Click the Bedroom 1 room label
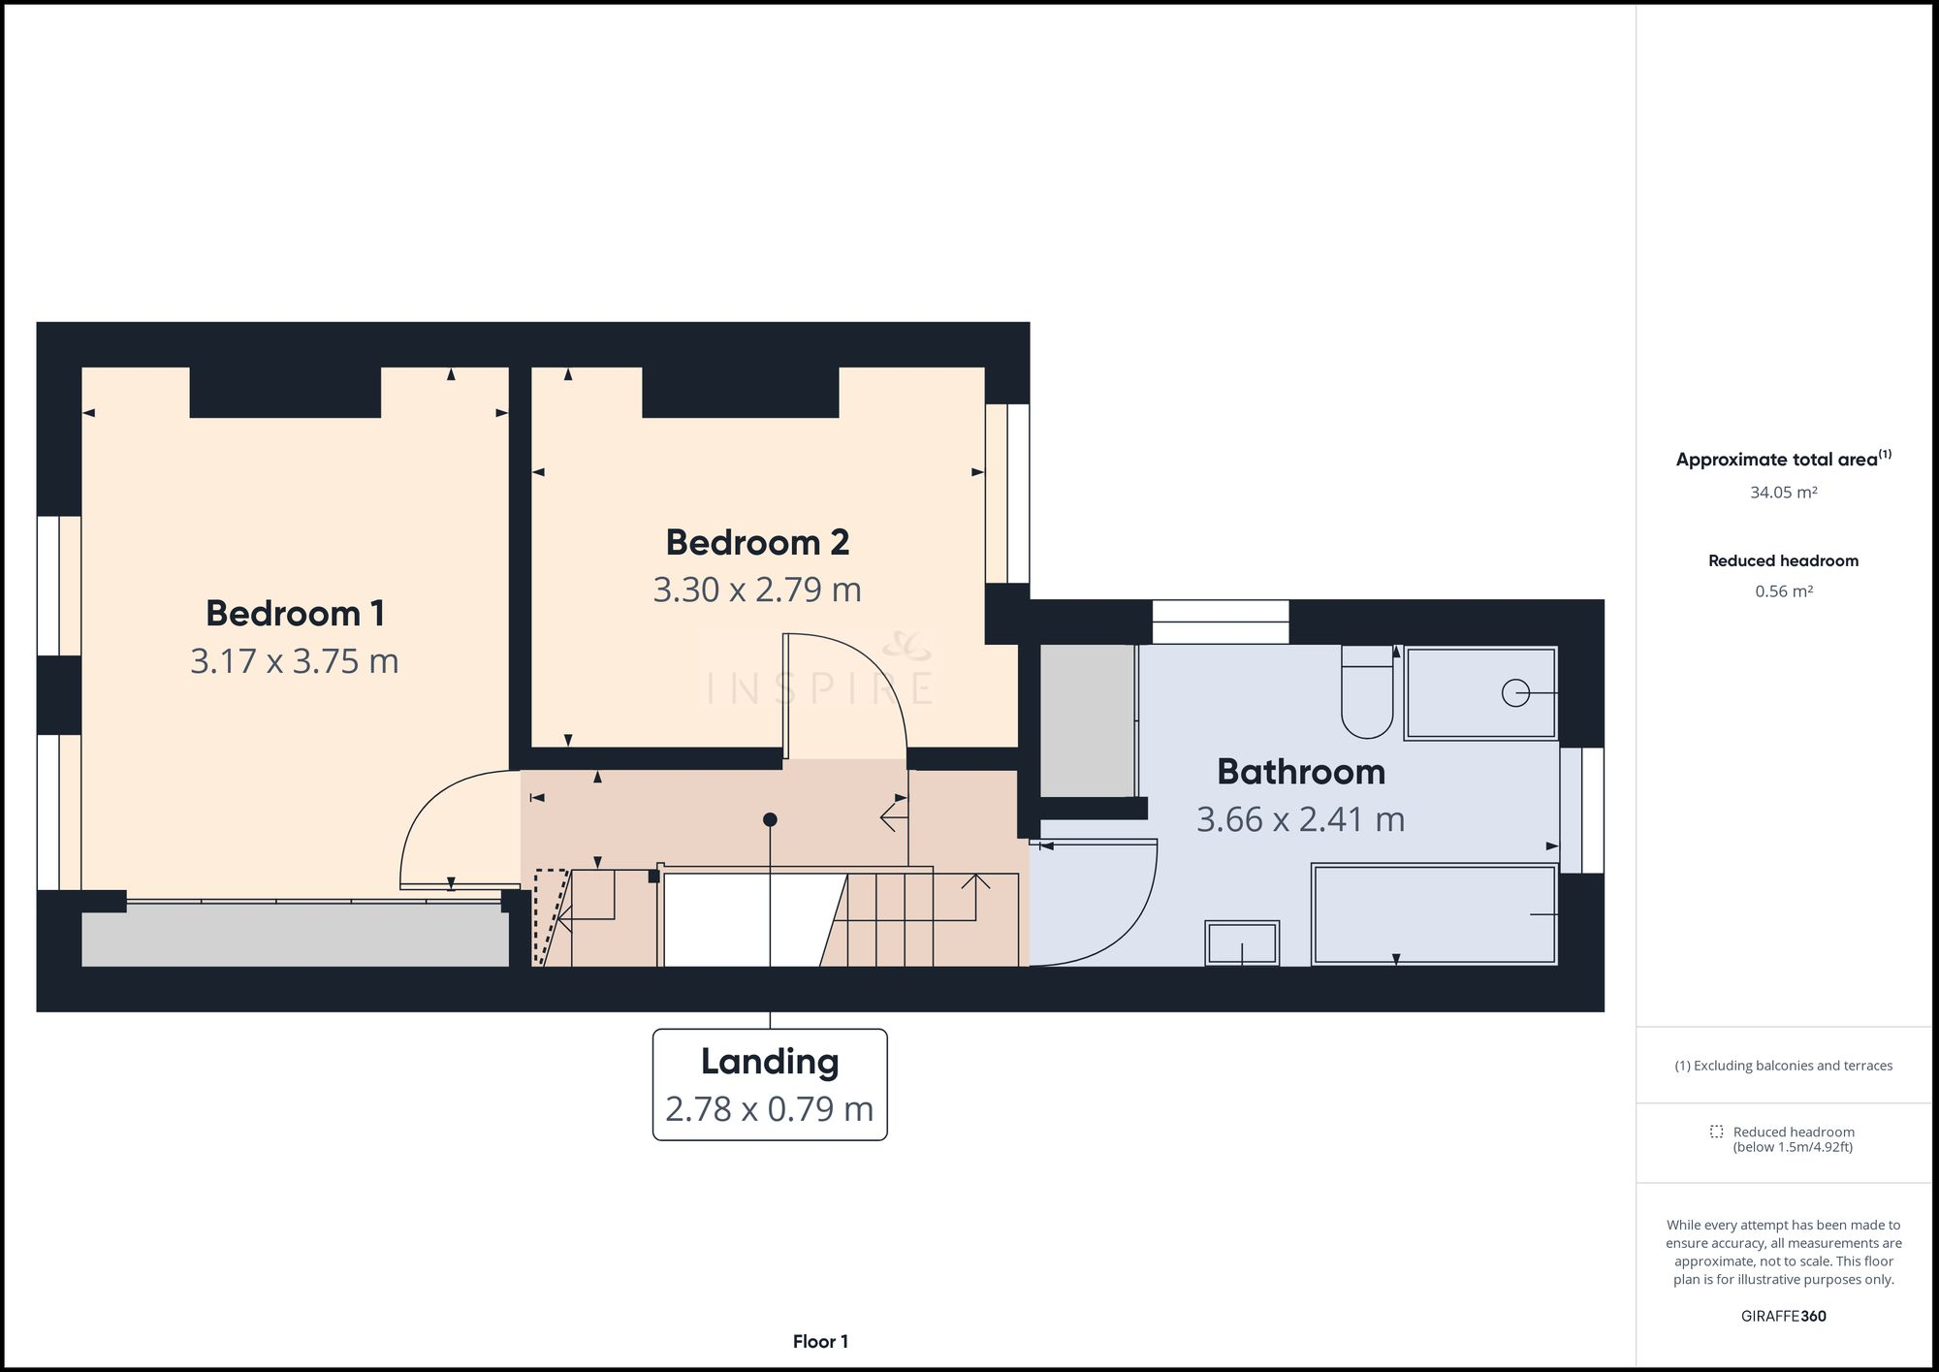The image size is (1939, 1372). (x=295, y=614)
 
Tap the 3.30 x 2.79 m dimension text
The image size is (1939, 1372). (x=756, y=590)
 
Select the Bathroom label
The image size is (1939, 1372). (x=1300, y=772)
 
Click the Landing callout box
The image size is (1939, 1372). (x=770, y=1084)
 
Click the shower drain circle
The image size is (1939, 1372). (x=1514, y=692)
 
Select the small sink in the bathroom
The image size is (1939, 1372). (x=1242, y=942)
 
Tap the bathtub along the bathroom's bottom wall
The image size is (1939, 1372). (x=1433, y=914)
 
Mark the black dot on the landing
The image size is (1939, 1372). (x=770, y=819)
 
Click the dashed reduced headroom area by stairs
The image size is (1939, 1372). (x=550, y=911)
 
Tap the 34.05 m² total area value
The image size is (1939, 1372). (x=1783, y=493)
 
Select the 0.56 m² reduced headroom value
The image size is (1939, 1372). (x=1783, y=591)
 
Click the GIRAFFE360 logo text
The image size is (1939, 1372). (x=1783, y=1316)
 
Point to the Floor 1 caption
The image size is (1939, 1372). (x=820, y=1342)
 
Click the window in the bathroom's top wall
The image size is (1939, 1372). (x=1220, y=622)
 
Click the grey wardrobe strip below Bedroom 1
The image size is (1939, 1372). (x=295, y=936)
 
